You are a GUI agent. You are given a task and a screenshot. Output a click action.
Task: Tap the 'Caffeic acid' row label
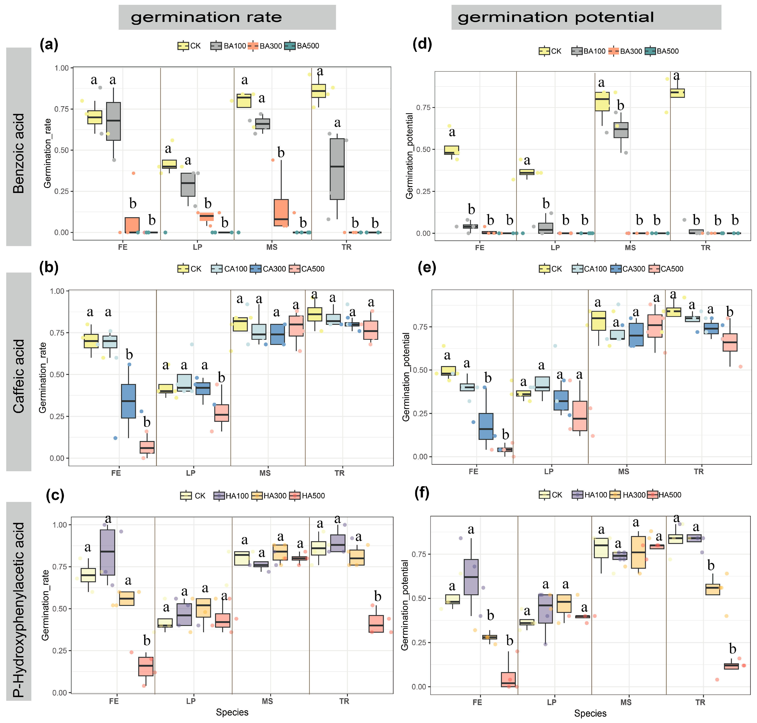point(19,376)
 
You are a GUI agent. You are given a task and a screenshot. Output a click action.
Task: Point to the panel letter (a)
point(49,45)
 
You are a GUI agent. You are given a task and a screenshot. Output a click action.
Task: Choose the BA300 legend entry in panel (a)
point(266,46)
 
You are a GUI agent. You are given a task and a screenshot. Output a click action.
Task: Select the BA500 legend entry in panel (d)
point(662,51)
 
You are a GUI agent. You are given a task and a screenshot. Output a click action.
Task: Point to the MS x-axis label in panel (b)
point(265,473)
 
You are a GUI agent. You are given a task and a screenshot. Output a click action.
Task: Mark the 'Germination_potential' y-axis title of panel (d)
point(409,156)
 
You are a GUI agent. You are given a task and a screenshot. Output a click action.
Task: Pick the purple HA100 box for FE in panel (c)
point(108,552)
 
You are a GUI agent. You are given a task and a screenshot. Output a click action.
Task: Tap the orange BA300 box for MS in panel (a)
point(281,212)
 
